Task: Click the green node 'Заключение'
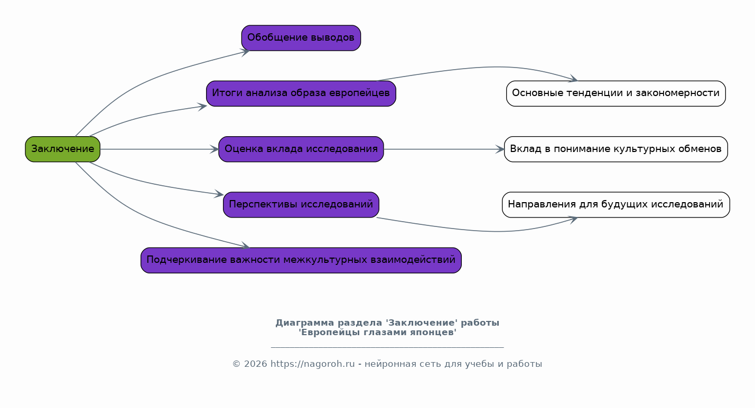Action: tap(62, 149)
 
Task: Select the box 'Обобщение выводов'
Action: tap(301, 38)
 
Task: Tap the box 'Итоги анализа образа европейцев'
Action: tap(301, 93)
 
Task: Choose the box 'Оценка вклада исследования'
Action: tap(301, 149)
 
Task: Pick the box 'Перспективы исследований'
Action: tap(301, 205)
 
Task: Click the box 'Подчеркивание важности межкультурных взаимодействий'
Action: tap(301, 260)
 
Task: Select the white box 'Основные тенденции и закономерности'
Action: tap(616, 93)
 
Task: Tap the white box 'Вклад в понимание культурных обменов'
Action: tap(616, 149)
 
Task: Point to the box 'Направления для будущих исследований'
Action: tap(616, 205)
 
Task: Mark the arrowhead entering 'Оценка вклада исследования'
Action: tap(215, 149)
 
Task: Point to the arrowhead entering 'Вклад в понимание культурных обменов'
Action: tap(500, 149)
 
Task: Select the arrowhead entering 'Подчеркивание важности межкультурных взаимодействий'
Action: tap(246, 246)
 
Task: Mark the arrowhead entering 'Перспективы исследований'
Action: tap(220, 195)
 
